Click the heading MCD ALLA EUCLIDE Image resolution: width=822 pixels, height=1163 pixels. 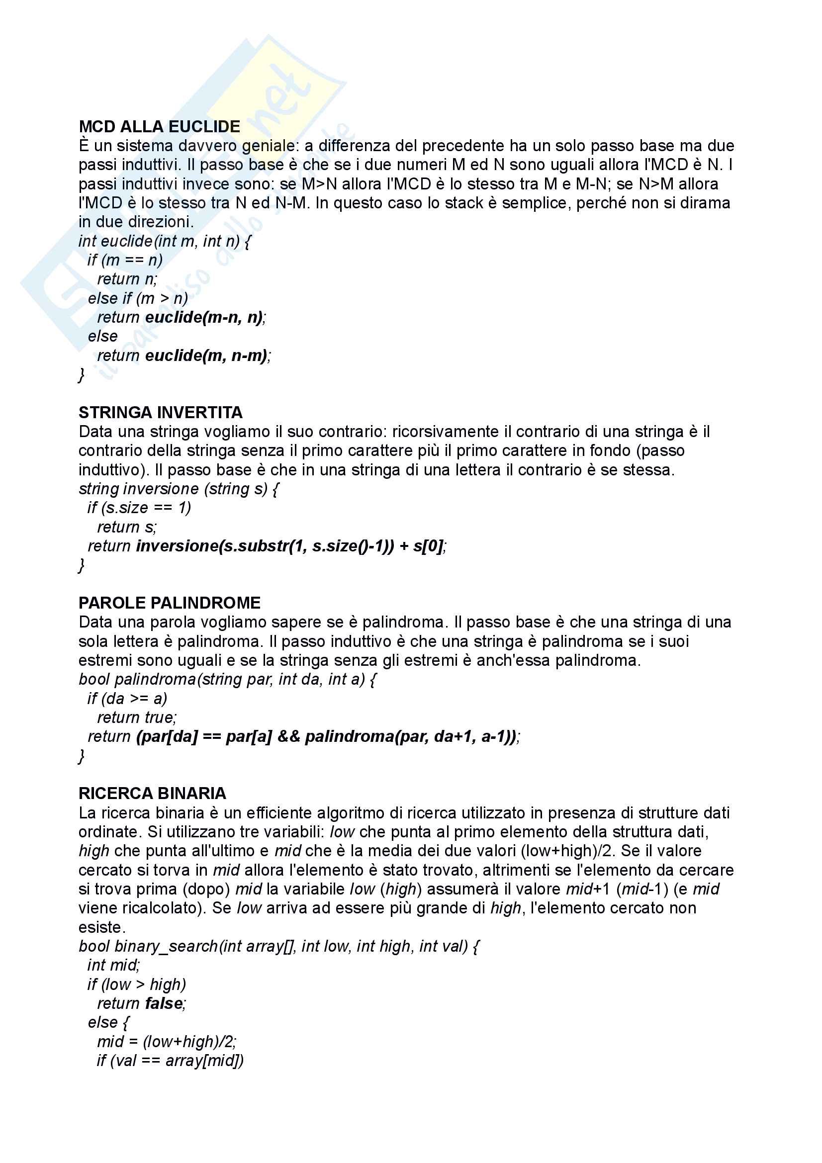[x=159, y=126]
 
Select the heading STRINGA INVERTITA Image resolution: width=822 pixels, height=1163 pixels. [x=160, y=412]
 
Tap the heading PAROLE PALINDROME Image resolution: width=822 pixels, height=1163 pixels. [x=169, y=603]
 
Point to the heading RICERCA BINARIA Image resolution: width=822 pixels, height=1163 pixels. [x=152, y=793]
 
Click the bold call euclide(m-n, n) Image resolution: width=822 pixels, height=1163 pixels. [x=204, y=317]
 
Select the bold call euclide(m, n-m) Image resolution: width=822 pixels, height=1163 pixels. [x=207, y=356]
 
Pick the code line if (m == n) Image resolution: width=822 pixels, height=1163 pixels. [x=125, y=260]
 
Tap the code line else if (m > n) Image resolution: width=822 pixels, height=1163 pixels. [x=138, y=298]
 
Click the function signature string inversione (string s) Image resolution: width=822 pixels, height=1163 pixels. [x=179, y=489]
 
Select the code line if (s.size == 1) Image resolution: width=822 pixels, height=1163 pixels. [x=139, y=508]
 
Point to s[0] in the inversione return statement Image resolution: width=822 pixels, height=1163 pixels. [x=429, y=546]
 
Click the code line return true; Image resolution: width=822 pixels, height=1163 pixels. [x=137, y=717]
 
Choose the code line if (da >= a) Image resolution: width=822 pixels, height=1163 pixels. [x=127, y=699]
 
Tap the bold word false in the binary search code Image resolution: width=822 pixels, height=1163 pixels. [x=164, y=1003]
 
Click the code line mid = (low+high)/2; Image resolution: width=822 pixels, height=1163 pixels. [x=167, y=1042]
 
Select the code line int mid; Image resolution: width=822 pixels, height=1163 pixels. [x=113, y=965]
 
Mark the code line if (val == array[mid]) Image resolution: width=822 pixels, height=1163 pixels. [x=170, y=1060]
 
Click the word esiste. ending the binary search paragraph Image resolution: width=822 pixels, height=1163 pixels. [x=102, y=927]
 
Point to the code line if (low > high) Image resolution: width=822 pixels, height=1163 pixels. [x=136, y=984]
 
